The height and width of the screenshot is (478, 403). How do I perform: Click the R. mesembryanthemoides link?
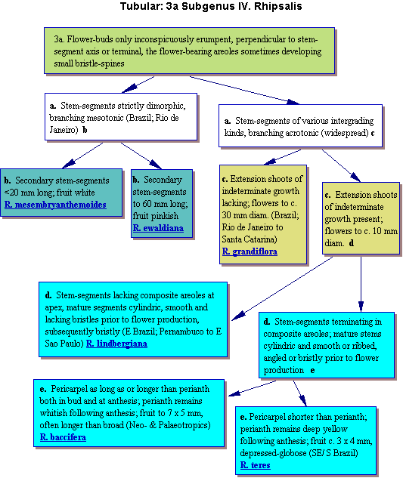pyautogui.click(x=55, y=205)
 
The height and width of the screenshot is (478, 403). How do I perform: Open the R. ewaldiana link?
pyautogui.click(x=158, y=228)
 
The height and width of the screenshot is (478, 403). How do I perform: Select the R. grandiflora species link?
pyautogui.click(x=250, y=251)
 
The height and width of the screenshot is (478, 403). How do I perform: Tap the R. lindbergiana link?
pyautogui.click(x=116, y=344)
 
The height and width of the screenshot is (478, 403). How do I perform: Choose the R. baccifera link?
pyautogui.click(x=63, y=437)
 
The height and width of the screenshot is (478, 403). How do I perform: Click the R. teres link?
pyautogui.click(x=256, y=465)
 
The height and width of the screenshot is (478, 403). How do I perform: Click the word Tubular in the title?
pyautogui.click(x=141, y=6)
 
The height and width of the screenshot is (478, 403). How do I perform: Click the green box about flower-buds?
pyautogui.click(x=189, y=51)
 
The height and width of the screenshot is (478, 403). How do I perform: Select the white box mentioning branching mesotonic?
pyautogui.click(x=121, y=117)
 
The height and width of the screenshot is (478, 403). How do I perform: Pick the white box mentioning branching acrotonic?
pyautogui.click(x=300, y=126)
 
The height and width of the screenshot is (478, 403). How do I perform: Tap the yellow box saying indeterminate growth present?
pyautogui.click(x=361, y=218)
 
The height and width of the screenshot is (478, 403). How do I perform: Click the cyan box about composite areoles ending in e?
pyautogui.click(x=327, y=345)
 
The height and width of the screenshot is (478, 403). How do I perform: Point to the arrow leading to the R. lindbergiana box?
pyautogui.click(x=282, y=288)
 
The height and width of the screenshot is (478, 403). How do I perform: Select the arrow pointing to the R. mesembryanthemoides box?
pyautogui.click(x=82, y=156)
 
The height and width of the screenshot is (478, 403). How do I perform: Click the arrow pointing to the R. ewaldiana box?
pyautogui.click(x=141, y=156)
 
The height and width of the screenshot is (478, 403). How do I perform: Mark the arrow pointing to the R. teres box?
pyautogui.click(x=300, y=393)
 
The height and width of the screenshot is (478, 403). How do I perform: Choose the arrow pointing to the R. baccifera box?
pyautogui.click(x=253, y=388)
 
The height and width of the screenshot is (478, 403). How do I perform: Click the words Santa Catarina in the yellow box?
pyautogui.click(x=249, y=239)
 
